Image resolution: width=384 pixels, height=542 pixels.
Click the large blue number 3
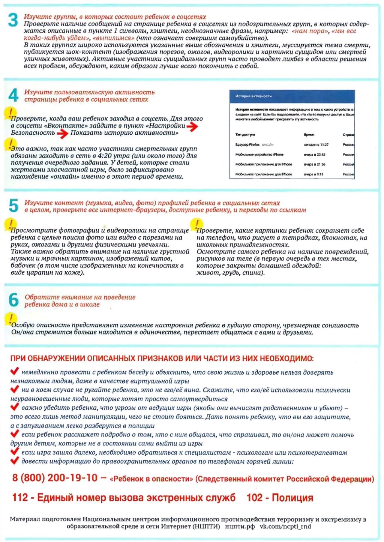coord(13,20)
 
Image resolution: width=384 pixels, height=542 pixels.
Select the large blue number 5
coord(13,206)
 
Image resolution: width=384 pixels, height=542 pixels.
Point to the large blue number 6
coord(13,300)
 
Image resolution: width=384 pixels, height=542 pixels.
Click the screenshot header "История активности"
coord(253,96)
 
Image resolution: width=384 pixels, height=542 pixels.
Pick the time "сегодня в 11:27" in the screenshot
coord(316,144)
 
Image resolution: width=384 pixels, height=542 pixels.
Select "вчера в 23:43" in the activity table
coord(315,155)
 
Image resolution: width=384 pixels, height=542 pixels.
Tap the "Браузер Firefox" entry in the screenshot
coord(247,144)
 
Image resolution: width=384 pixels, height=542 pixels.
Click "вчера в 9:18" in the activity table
coord(313,174)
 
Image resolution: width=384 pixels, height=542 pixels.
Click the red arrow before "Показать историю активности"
coord(63,133)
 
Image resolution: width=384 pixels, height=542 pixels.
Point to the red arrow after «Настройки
coord(192,126)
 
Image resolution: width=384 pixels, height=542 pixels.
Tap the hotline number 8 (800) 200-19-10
coord(55,478)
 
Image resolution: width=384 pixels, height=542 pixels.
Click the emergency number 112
coord(20,498)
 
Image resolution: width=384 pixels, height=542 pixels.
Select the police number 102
coord(255,498)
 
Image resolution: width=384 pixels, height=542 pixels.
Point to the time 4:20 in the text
coord(104,156)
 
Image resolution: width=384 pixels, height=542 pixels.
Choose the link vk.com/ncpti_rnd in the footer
coord(285,526)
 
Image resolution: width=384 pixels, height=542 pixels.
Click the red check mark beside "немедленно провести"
coord(15,371)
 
